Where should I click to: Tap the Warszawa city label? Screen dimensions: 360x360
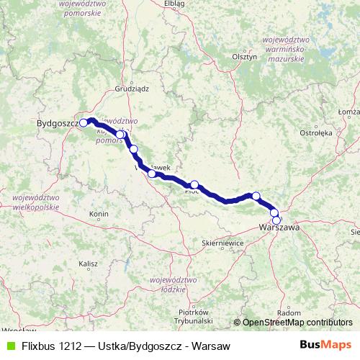click(x=279, y=228)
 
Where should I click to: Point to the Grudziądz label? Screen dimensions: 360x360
click(x=131, y=90)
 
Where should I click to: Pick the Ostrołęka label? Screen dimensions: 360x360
click(x=315, y=133)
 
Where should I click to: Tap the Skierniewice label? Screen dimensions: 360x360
click(x=222, y=244)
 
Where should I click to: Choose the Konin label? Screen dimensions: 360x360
click(x=99, y=215)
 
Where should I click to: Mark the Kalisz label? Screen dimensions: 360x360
click(x=89, y=264)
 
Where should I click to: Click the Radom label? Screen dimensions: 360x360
click(x=289, y=312)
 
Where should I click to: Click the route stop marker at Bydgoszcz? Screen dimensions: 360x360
click(x=84, y=122)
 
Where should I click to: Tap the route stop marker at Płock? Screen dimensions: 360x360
click(x=194, y=185)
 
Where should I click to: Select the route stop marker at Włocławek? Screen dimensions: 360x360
click(x=152, y=173)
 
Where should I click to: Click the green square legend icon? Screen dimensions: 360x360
click(x=9, y=346)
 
